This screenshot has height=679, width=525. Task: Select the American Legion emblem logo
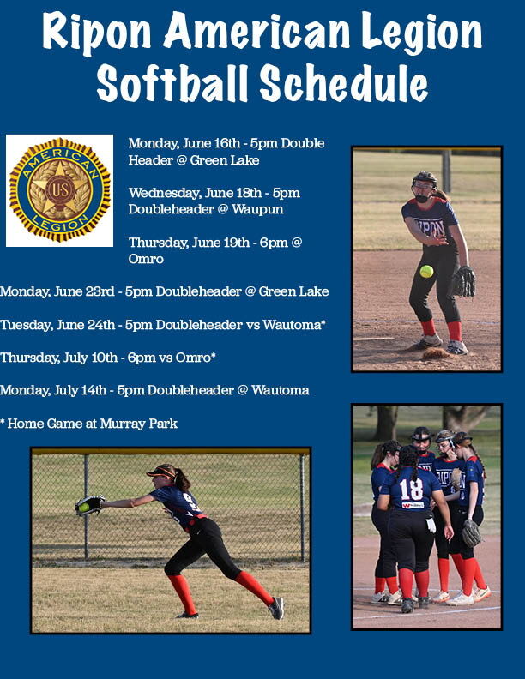(59, 189)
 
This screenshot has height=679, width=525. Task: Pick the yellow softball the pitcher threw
(426, 271)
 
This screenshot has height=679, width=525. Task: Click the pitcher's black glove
(463, 281)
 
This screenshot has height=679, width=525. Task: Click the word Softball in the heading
(172, 84)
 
